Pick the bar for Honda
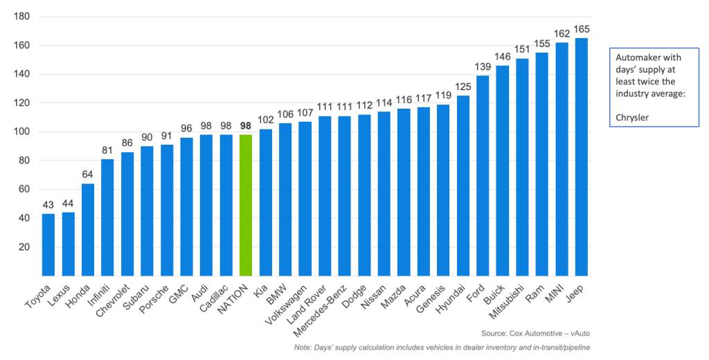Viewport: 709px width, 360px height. [x=88, y=229]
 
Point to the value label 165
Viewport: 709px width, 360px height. [x=582, y=30]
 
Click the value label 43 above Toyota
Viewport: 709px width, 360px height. [x=48, y=206]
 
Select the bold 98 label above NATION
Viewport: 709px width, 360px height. [x=246, y=126]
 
